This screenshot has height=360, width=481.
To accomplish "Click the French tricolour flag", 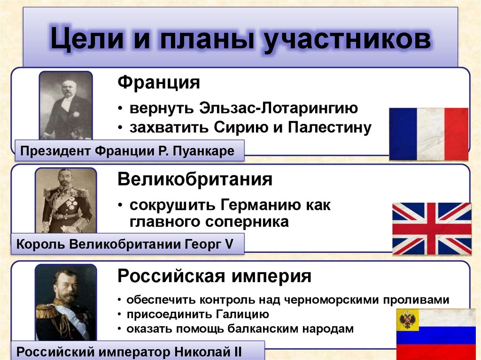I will pos(428,134).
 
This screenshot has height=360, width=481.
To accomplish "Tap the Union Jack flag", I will pos(431,229).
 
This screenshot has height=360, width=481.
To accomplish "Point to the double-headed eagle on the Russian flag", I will pos(407,321).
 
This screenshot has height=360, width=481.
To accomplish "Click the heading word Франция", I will pos(159,83).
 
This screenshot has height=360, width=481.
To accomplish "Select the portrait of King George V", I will pos(66,200).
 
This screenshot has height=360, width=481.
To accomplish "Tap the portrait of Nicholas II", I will pos(66,302).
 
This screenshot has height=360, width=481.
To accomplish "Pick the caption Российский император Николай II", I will pos(134,351).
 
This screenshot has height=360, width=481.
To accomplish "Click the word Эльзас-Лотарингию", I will pos(279,108).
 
